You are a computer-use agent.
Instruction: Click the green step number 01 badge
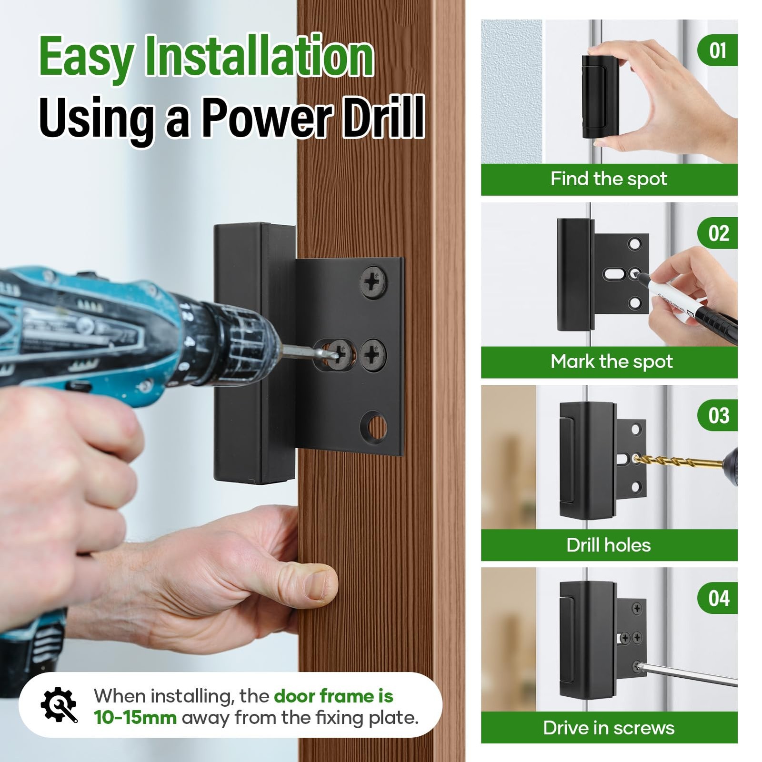point(718,50)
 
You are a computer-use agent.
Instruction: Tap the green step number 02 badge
point(718,233)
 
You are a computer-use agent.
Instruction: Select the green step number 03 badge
point(718,415)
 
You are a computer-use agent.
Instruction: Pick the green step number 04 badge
point(718,598)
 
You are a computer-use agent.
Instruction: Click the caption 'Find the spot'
point(609,179)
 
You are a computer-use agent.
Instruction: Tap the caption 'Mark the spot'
point(612,362)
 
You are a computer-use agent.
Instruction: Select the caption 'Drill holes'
point(608,545)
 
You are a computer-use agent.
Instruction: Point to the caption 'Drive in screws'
point(609,728)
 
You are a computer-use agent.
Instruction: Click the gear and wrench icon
point(59,705)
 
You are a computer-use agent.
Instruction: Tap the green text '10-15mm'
point(135,718)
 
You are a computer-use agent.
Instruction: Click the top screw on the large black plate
point(373,282)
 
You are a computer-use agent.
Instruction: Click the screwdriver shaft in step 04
point(686,674)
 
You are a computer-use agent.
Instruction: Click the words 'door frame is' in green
point(333,696)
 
